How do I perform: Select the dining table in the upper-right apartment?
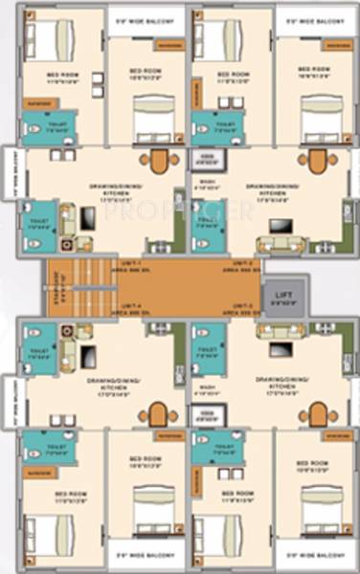click(x=317, y=161)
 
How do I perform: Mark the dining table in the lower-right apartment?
click(x=317, y=413)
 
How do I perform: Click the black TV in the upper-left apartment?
click(x=86, y=218)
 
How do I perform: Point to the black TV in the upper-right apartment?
click(x=281, y=226)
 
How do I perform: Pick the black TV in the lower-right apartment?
click(x=281, y=348)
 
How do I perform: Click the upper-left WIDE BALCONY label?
click(x=146, y=16)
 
